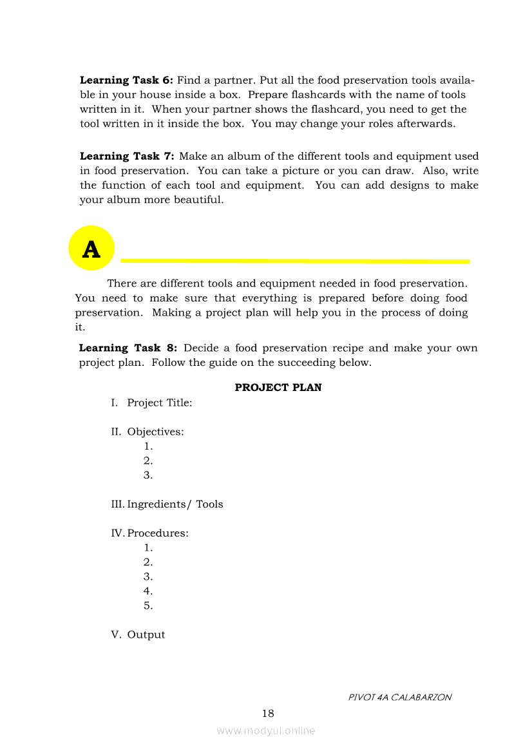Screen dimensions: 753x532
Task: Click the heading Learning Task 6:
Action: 126,81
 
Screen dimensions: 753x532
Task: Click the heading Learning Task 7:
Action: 128,157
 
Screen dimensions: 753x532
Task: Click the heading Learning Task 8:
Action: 128,348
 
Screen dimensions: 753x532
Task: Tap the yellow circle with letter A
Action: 91,249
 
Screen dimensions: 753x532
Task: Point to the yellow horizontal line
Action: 295,261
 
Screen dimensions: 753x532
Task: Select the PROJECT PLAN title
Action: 278,388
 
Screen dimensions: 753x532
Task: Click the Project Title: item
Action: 159,403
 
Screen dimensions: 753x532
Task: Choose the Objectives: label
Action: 155,432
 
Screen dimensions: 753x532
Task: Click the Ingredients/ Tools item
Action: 175,504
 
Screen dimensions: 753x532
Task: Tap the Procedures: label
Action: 158,533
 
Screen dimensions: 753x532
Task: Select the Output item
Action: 146,634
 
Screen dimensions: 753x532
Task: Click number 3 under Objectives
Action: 148,475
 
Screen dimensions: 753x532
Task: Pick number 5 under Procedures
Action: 148,605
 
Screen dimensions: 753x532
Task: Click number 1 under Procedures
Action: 148,548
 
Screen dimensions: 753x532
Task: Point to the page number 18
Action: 268,713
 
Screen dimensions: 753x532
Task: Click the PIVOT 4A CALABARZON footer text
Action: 399,698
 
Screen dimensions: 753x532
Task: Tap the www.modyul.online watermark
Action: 266,730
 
